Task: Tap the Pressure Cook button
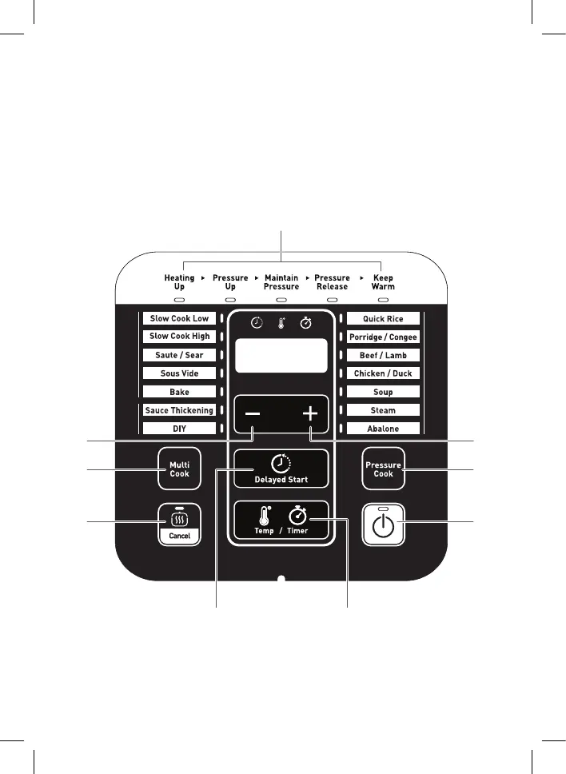383,469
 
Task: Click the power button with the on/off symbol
383,525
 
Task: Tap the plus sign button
310,414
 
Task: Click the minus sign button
253,414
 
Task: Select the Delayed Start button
281,469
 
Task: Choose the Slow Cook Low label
179,318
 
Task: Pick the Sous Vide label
179,373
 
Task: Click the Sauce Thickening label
179,410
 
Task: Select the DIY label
179,429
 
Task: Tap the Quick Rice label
383,319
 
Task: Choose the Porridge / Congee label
383,337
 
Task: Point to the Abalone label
383,429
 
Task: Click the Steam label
383,410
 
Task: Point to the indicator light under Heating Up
179,300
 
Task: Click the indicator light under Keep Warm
383,300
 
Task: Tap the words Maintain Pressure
281,282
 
